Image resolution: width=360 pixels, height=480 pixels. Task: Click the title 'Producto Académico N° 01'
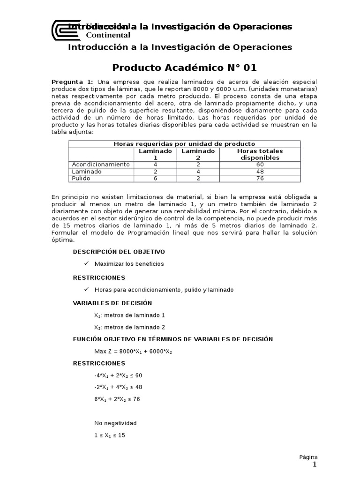(185, 68)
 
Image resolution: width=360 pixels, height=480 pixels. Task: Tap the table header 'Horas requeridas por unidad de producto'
(185, 144)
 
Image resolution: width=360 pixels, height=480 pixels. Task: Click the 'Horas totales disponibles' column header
(260, 154)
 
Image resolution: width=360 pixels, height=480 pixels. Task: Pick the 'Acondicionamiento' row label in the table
(100, 165)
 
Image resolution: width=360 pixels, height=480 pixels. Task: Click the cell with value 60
(260, 165)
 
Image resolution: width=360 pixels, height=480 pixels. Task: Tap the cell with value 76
(260, 178)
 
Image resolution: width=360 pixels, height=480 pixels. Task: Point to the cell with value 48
(260, 172)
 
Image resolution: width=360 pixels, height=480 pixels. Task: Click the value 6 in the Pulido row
(156, 178)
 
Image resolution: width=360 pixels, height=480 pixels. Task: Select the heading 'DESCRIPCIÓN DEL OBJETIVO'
(119, 252)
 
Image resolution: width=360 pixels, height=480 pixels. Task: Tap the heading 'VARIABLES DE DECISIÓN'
(112, 303)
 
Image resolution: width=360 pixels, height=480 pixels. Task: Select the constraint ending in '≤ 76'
(117, 399)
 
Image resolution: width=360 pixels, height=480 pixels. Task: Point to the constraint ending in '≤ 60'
(118, 375)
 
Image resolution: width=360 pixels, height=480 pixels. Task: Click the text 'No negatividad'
(115, 423)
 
